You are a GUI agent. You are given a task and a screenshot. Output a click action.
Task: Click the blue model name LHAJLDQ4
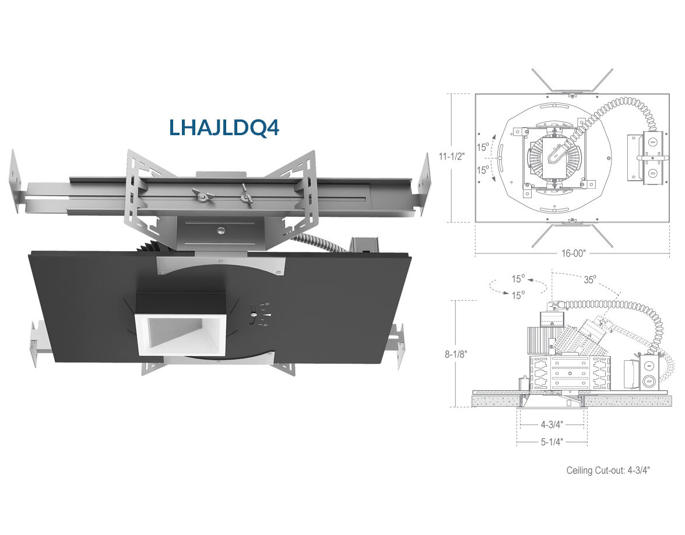tap(224, 127)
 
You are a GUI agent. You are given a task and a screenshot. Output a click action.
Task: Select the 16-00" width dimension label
tap(573, 254)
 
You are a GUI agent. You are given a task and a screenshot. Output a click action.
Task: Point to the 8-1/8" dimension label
tap(456, 354)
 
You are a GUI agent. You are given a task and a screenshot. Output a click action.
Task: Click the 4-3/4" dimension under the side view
tap(552, 424)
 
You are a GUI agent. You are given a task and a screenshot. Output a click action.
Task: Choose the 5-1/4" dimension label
tap(552, 442)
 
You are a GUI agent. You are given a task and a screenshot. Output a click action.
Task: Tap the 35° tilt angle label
tap(590, 280)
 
